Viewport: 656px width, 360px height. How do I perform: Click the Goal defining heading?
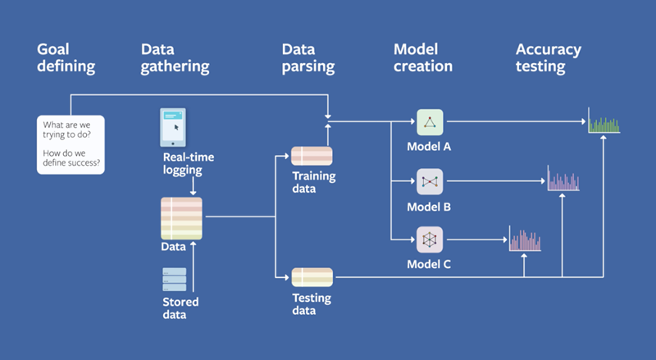coord(66,57)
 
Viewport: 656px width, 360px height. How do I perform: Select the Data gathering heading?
coord(175,57)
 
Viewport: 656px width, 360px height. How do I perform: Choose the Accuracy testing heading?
coord(548,57)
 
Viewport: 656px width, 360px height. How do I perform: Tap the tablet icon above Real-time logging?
coord(172,128)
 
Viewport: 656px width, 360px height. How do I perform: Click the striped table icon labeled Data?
coord(181,218)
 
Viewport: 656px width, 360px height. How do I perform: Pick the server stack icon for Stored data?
coord(174,279)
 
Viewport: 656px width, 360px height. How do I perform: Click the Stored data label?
coord(180,308)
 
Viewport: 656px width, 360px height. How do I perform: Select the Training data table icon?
coord(312,156)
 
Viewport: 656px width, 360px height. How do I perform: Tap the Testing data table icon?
coord(312,277)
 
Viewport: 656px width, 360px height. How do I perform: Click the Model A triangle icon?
coord(429,122)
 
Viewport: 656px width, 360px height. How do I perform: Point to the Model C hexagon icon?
coord(429,239)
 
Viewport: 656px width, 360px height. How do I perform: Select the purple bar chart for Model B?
coord(563,180)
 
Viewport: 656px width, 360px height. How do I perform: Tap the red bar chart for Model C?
coord(525,239)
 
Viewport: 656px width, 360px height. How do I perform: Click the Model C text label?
coord(429,265)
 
